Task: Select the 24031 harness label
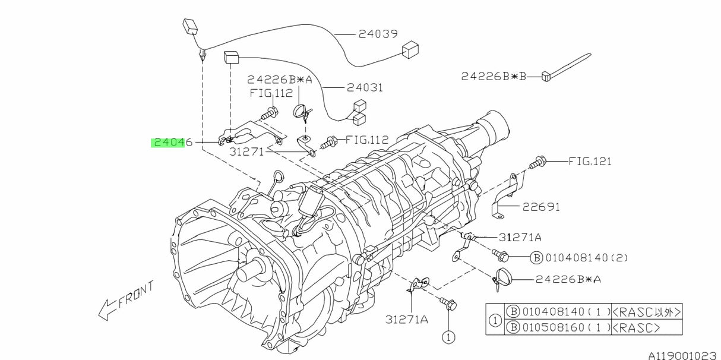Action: (x=365, y=87)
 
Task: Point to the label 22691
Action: (x=541, y=207)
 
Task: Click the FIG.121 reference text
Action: (x=590, y=161)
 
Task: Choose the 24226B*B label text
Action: (x=494, y=76)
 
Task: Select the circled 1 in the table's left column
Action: (x=494, y=320)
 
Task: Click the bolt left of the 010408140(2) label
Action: (x=500, y=256)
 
